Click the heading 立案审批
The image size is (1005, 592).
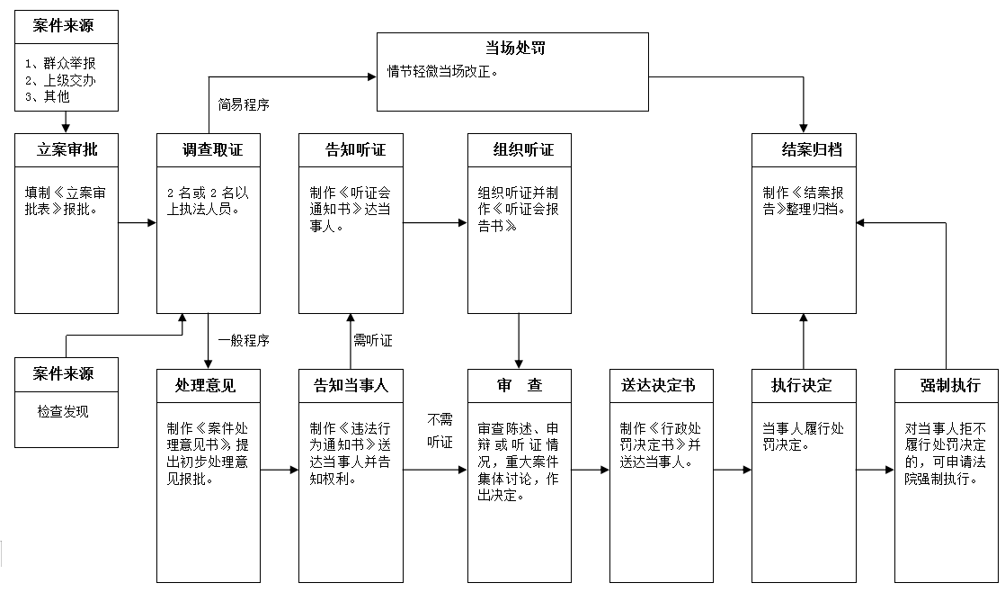click(x=67, y=150)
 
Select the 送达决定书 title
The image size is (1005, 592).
click(x=658, y=386)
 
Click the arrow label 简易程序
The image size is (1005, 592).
click(x=244, y=103)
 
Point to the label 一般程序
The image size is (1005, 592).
click(x=243, y=341)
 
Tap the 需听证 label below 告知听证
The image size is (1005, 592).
click(x=372, y=341)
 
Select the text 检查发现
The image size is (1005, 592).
click(x=63, y=412)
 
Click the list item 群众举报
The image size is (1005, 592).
click(x=66, y=65)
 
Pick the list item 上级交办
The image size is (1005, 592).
click(x=66, y=81)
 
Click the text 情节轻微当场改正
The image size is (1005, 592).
click(x=442, y=70)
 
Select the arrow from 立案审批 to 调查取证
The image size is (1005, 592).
click(x=138, y=222)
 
